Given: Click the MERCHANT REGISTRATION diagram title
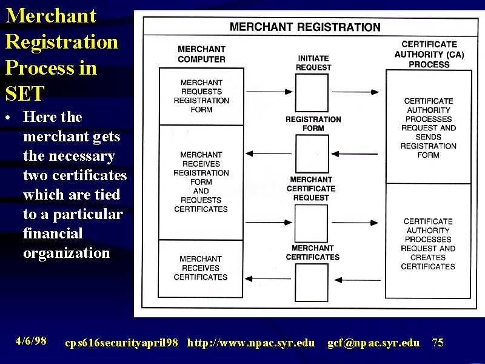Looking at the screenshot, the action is [305, 27].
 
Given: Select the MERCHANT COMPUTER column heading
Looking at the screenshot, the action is [201, 54].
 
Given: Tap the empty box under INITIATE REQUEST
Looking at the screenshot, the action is [312, 93].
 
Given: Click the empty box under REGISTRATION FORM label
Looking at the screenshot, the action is [312, 154].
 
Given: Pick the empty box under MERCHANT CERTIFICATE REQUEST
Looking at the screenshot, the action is [311, 223].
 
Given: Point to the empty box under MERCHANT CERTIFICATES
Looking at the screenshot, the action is [312, 283].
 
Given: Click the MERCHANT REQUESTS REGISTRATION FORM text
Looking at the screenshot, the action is [201, 96].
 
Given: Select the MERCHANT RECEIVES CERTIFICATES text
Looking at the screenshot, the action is [201, 268].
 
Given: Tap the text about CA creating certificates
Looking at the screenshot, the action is [428, 244].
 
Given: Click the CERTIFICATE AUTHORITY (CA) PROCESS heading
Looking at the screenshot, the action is [429, 55].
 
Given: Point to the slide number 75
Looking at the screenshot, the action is [438, 342].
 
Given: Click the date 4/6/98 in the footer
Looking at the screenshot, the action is [31, 341].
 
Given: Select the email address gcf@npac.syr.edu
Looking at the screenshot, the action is [373, 343].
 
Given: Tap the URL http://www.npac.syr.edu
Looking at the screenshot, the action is [251, 343].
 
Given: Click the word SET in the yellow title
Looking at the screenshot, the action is [25, 93].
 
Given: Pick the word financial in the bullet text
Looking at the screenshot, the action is [53, 233].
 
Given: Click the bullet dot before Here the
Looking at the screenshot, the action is [8, 118].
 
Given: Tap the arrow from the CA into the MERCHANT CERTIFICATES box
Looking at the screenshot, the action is [358, 280].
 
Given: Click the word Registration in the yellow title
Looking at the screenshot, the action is [62, 42].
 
